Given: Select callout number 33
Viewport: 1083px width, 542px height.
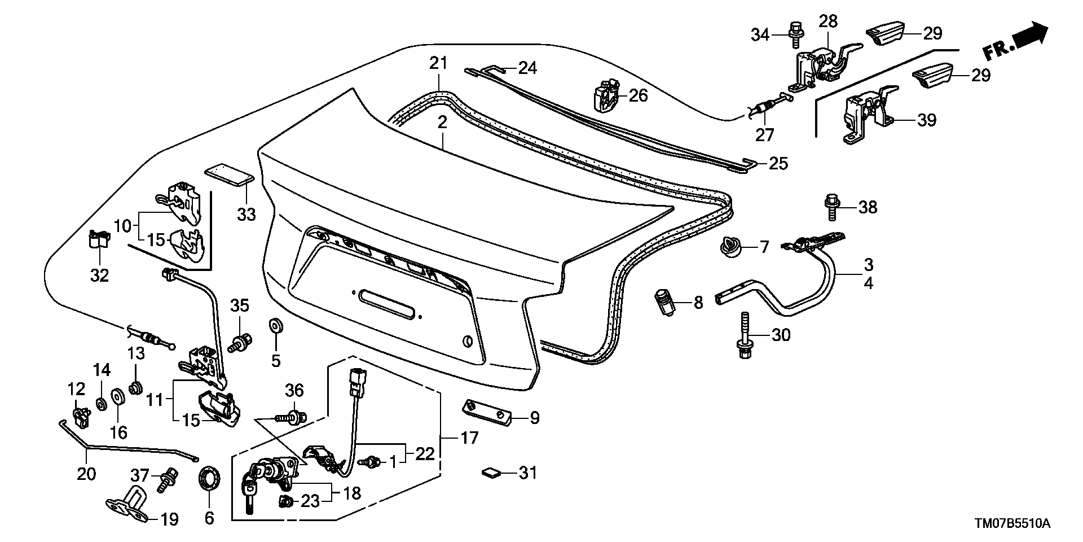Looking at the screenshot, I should pyautogui.click(x=246, y=214).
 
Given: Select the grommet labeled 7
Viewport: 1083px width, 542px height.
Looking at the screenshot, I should pyautogui.click(x=732, y=247).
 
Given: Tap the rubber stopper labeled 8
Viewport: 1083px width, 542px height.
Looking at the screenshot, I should pyautogui.click(x=666, y=303).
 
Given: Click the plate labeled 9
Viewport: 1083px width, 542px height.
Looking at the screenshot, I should pyautogui.click(x=486, y=412).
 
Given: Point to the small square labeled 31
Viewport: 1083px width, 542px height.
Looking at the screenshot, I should pyautogui.click(x=490, y=473).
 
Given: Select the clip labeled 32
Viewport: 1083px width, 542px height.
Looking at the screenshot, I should pyautogui.click(x=99, y=240).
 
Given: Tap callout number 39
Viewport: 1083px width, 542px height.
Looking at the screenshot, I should pyautogui.click(x=927, y=120).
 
